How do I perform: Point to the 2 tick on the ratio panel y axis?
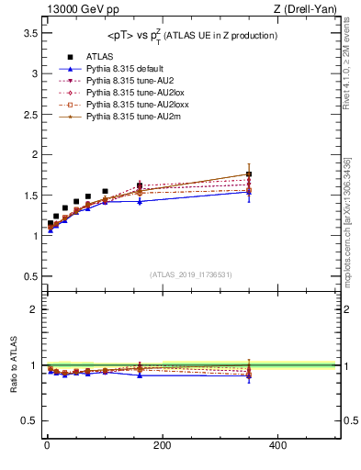tap(32, 309)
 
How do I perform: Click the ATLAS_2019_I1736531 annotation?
tap(189, 274)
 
